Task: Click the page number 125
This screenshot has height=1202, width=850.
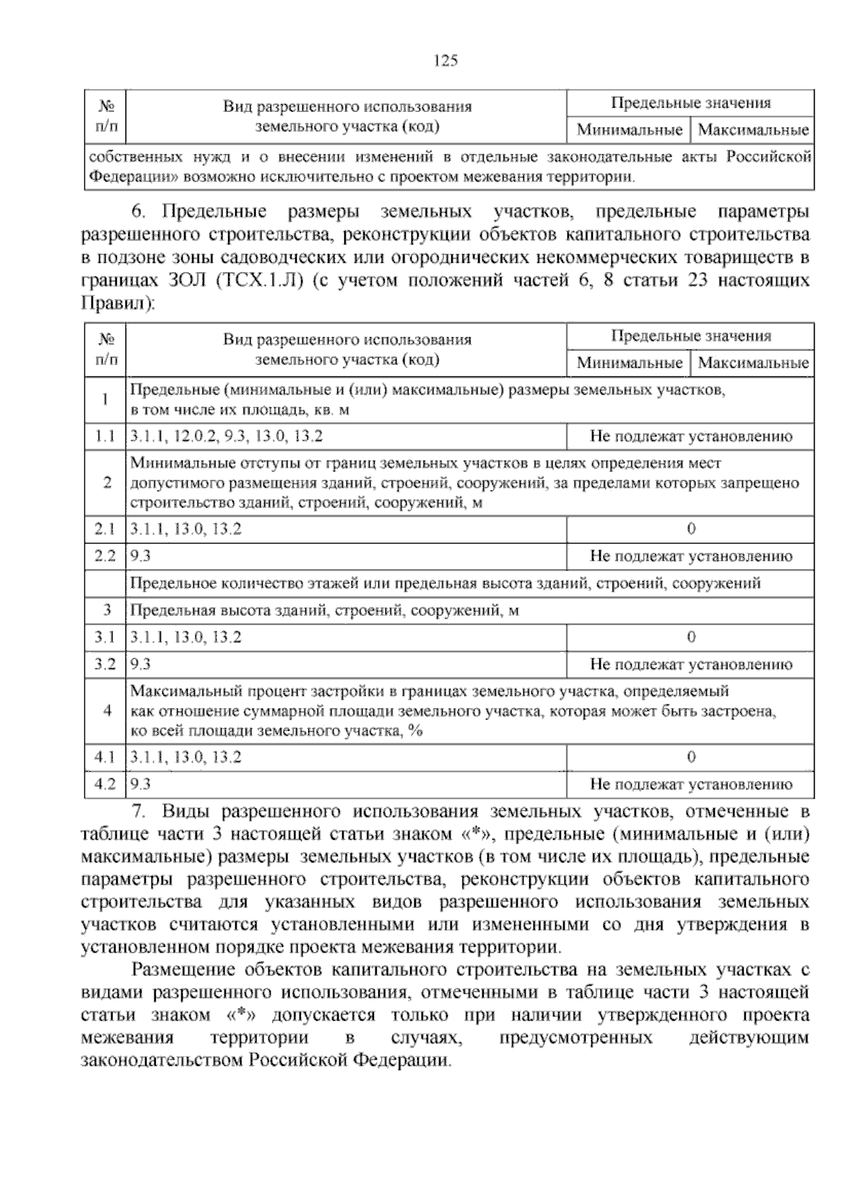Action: pos(446,61)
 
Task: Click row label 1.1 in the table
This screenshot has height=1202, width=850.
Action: pos(105,437)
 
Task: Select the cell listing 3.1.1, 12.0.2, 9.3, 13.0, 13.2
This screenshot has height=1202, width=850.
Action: pos(227,437)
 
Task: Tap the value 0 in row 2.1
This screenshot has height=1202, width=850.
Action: pos(691,529)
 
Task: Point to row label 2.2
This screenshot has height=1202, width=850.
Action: pos(105,556)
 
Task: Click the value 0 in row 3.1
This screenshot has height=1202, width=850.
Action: pos(691,637)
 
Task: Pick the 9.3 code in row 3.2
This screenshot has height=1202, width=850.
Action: pos(141,664)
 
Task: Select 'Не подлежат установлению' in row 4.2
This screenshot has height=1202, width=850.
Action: pos(691,785)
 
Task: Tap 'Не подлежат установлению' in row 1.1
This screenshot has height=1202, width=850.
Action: pos(691,437)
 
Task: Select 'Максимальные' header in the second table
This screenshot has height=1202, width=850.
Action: pos(753,364)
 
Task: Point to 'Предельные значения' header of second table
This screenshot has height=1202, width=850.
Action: pos(691,336)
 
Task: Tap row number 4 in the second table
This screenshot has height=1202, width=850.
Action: pos(107,711)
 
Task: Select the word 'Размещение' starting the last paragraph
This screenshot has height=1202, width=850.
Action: pos(181,970)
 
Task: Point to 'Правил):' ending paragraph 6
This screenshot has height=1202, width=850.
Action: pos(118,304)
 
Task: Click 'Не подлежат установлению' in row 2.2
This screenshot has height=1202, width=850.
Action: pos(691,556)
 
